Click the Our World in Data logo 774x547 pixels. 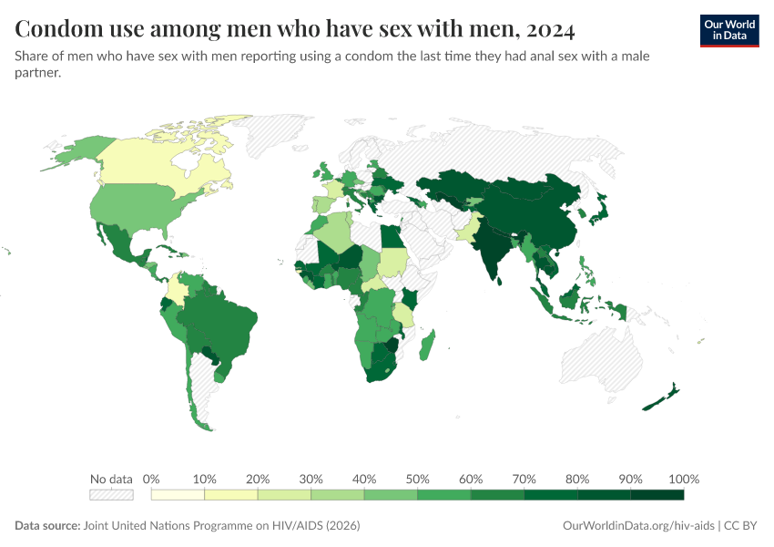(728, 30)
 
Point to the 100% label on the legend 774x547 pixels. (683, 480)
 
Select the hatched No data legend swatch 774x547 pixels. (111, 495)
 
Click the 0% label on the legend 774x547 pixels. (151, 480)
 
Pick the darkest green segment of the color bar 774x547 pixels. (657, 495)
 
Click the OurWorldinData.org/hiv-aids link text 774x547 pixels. (637, 526)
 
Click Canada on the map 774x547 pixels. (155, 164)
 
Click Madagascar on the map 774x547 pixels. (428, 346)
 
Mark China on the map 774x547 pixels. (537, 214)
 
